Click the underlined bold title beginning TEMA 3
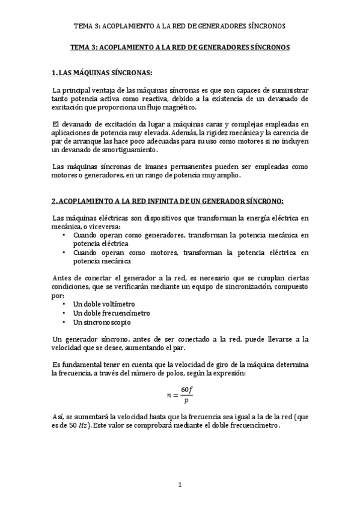180,46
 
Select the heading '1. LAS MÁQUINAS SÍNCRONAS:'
103,73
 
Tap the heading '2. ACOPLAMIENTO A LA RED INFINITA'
168,200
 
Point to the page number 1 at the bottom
180,484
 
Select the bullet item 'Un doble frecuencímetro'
111,313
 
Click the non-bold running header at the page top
180,26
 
